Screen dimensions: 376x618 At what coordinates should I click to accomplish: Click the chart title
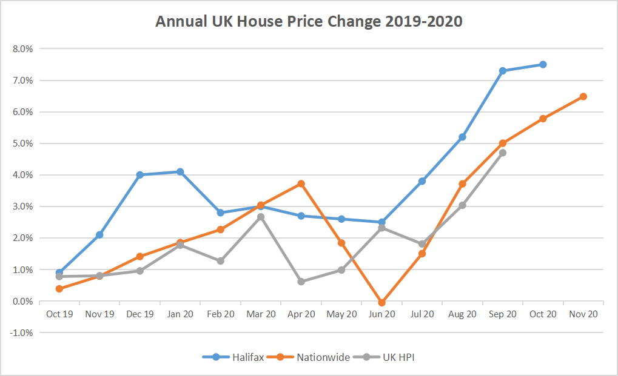[309, 22]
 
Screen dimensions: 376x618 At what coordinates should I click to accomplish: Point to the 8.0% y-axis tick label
[22, 48]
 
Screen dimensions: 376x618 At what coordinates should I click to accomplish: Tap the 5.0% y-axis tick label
[22, 143]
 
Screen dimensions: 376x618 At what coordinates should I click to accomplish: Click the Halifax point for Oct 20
[543, 64]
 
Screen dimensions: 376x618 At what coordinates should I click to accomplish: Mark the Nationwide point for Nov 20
[583, 96]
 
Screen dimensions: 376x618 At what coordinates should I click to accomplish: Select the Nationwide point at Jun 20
[382, 302]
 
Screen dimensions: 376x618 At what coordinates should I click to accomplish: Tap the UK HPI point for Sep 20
[503, 153]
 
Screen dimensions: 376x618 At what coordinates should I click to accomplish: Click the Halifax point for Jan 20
[180, 172]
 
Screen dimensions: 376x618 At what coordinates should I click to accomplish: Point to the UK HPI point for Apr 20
[301, 282]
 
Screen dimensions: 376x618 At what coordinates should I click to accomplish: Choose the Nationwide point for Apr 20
[301, 183]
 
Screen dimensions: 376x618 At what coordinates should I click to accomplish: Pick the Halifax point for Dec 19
[140, 175]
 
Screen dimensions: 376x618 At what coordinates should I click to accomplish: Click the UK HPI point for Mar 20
[261, 217]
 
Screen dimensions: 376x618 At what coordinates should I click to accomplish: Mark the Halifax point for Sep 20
[503, 71]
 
